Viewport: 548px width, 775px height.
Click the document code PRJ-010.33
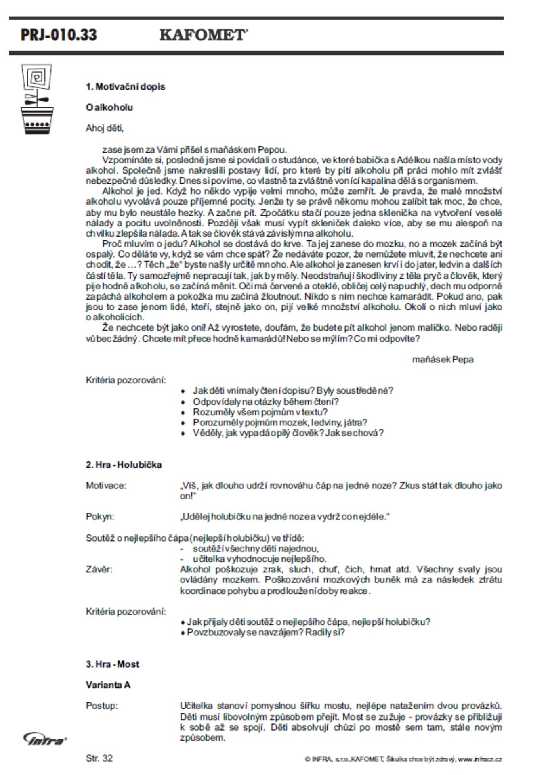coord(59,35)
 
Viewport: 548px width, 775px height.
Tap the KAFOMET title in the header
coord(203,35)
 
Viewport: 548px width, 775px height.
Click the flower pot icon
coord(37,99)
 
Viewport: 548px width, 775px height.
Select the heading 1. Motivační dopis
coord(125,87)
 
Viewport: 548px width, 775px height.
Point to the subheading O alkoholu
coord(109,108)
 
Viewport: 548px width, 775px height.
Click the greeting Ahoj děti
coord(105,128)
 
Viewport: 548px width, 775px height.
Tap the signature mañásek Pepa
coord(443,359)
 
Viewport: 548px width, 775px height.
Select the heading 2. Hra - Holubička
coord(124,465)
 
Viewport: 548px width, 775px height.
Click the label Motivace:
coord(106,486)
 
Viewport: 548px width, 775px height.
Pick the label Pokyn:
coord(100,517)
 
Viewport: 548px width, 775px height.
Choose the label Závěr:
coord(99,570)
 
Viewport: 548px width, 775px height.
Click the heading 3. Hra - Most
coord(112,664)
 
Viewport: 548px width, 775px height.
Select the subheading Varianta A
coord(108,685)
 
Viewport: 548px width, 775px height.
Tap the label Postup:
coord(101,706)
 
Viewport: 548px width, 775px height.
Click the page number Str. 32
coord(99,758)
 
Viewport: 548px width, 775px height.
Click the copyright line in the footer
coord(403,759)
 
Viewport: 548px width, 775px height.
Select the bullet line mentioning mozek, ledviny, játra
coord(280,422)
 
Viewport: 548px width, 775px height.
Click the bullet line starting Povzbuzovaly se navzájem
coord(265,632)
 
